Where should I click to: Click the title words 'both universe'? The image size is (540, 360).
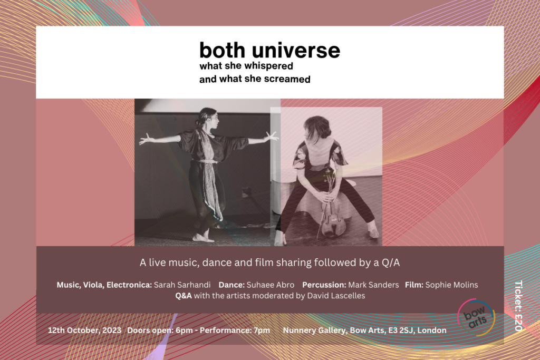pos(269,50)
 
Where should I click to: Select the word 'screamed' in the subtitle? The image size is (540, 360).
pos(287,79)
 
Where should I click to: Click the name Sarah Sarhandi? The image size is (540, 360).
pos(182,285)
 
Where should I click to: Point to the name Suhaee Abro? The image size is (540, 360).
pos(271,285)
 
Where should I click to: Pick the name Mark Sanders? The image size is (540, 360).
pos(373,285)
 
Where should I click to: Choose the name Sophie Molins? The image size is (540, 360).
pos(451,285)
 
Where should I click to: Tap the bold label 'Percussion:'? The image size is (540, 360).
pos(324,285)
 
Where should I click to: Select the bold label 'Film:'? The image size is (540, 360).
pos(414,285)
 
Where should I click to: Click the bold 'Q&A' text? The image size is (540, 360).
pos(184,296)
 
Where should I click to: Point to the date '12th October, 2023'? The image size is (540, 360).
pos(84,330)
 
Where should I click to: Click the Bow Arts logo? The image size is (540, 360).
pos(476,317)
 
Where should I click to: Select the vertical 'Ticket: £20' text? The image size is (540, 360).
pos(519,306)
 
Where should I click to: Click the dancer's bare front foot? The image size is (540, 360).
pos(203,238)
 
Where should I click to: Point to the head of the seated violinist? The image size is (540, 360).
pos(317,128)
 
